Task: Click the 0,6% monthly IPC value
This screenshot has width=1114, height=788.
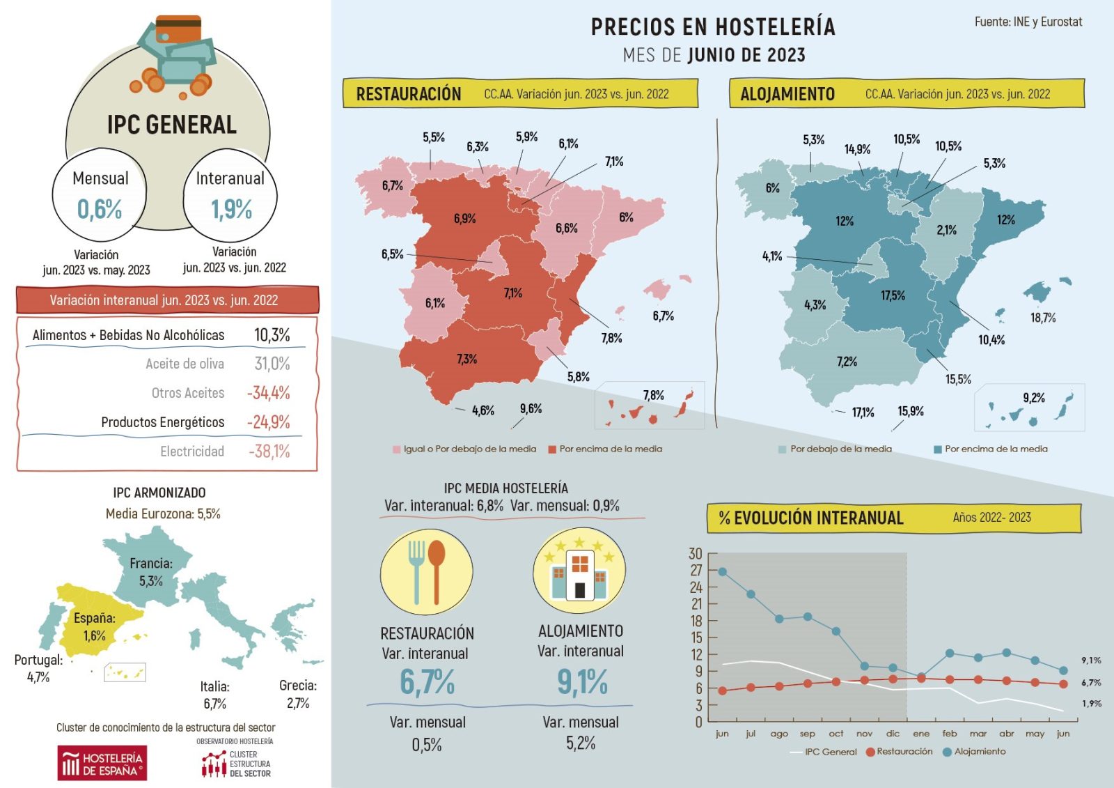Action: (x=100, y=209)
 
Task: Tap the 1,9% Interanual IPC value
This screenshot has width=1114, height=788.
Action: (x=232, y=209)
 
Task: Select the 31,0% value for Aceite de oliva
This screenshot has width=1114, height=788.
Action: (x=272, y=364)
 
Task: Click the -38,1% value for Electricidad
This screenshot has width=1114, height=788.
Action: (x=269, y=451)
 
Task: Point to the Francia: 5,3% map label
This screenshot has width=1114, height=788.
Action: (x=151, y=571)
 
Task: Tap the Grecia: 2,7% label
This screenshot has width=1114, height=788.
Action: (x=298, y=694)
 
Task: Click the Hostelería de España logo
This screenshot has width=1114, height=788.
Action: (x=102, y=764)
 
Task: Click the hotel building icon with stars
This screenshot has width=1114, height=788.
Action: (x=579, y=571)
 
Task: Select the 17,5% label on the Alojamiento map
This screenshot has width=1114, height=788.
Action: (x=893, y=295)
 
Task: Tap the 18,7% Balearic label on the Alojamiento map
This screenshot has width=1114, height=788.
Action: (x=1043, y=318)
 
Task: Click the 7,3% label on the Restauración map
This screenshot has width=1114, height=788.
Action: (x=466, y=359)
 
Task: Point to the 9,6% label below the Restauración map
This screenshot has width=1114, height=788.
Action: (x=531, y=409)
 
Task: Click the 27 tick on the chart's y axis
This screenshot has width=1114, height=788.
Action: (x=696, y=570)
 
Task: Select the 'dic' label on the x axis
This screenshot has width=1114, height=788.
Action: (x=893, y=734)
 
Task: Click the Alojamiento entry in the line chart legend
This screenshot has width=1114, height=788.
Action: (x=975, y=752)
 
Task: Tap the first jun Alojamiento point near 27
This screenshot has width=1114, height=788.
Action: (x=722, y=571)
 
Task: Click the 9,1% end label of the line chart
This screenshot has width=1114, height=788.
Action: (x=1091, y=660)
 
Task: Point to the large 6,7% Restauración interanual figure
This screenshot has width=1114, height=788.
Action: (x=427, y=681)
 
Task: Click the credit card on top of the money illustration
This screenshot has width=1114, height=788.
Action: (x=178, y=29)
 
